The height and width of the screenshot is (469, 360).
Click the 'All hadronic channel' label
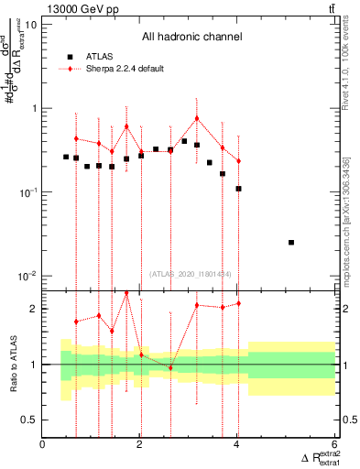tap(191, 38)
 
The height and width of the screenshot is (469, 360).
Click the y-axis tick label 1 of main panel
tap(33, 108)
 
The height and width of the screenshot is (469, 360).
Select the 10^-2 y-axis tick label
tap(26, 276)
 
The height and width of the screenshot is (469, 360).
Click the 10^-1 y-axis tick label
tap(26, 192)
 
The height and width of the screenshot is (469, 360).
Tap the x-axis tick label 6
tap(334, 446)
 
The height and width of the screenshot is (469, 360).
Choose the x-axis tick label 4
tap(237, 446)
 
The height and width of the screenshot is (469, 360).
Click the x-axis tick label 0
tap(43, 446)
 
